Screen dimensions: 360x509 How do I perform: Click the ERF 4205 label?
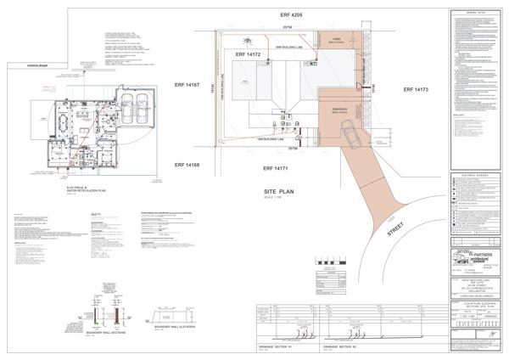point(294,15)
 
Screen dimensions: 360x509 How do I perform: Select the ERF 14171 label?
point(281,171)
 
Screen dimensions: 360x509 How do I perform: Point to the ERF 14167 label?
point(187,84)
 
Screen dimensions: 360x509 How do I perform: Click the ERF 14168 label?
point(187,165)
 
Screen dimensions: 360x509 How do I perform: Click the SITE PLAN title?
point(279,194)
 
